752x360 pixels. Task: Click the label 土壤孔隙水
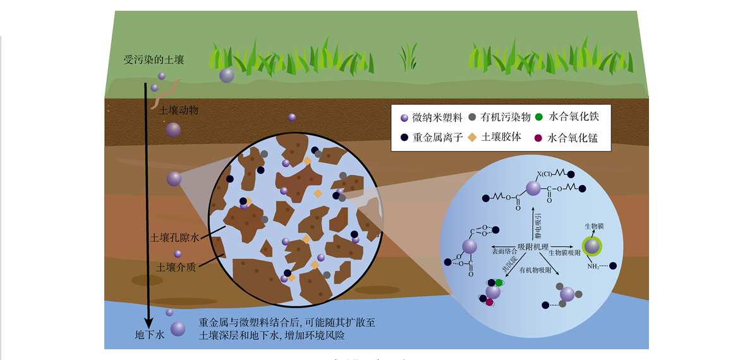[174, 238]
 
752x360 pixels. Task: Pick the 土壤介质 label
[176, 267]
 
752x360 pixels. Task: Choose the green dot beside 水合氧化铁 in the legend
[538, 117]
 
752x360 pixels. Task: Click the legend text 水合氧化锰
[573, 138]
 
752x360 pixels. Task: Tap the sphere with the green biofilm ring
[592, 246]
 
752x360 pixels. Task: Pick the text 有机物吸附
[535, 270]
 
